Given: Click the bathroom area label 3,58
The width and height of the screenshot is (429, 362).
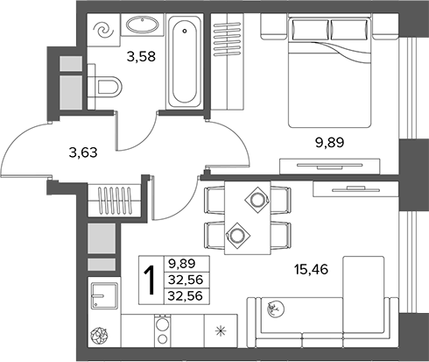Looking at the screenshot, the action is click(x=141, y=56).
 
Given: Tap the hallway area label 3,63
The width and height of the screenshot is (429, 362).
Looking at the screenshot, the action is click(x=83, y=153).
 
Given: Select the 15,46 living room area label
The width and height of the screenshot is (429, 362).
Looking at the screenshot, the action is click(x=311, y=269).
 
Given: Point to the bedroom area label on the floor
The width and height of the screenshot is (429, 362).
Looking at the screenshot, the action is click(x=330, y=142).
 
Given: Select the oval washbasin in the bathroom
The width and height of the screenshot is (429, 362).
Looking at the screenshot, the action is click(x=143, y=25).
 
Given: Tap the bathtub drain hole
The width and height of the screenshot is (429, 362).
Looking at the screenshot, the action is click(x=185, y=31).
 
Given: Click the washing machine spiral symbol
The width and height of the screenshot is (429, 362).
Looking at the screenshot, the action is click(x=103, y=30).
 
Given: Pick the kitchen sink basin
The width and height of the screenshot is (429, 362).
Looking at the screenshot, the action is click(x=104, y=295).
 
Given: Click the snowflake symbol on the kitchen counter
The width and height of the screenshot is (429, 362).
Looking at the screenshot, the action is click(x=221, y=331).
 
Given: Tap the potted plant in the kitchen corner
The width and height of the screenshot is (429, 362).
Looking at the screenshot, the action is click(x=99, y=336).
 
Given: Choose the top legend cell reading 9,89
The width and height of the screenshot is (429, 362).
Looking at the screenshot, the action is click(x=186, y=264).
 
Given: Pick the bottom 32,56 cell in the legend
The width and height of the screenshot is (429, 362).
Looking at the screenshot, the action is click(x=186, y=296).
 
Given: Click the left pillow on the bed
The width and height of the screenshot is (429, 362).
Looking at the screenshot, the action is click(x=311, y=30).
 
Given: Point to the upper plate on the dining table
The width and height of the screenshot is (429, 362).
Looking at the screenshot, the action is click(x=257, y=200).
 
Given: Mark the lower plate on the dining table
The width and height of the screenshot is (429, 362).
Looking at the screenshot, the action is click(x=237, y=235).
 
